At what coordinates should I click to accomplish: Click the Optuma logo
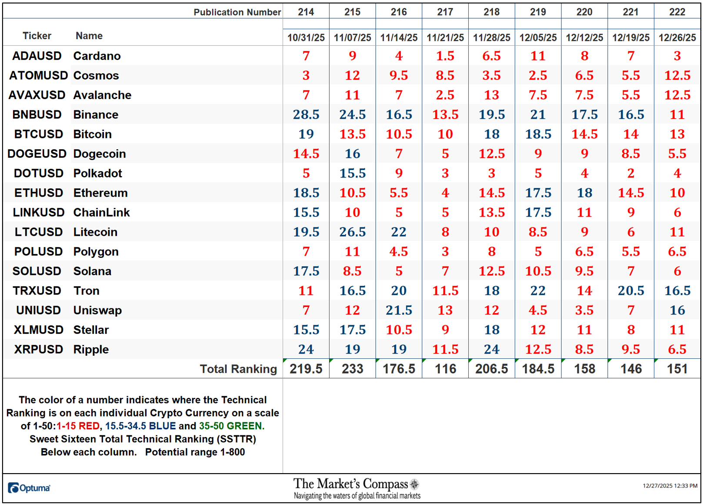[x=29, y=488]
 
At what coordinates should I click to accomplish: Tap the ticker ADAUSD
[x=37, y=56]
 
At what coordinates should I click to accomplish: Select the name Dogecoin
[x=100, y=154]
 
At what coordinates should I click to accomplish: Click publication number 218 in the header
[x=491, y=12]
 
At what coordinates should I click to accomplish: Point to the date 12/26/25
[x=677, y=38]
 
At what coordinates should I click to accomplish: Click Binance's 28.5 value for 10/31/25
[x=306, y=115]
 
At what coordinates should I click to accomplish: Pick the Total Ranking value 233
[x=352, y=369]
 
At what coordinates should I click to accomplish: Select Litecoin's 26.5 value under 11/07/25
[x=352, y=232]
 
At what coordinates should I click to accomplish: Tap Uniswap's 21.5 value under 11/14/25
[x=399, y=310]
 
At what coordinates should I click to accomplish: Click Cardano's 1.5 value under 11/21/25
[x=445, y=56]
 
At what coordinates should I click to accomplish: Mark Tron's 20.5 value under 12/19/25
[x=631, y=291]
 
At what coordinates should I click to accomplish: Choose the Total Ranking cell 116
[x=445, y=369]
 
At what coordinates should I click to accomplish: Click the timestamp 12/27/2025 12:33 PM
[x=670, y=486]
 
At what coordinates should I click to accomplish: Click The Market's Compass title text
[x=350, y=484]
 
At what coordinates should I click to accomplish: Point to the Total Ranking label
[x=238, y=369]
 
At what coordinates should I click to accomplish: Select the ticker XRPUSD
[x=38, y=350]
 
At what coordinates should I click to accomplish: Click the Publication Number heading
[x=237, y=12]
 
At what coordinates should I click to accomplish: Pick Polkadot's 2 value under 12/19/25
[x=631, y=174]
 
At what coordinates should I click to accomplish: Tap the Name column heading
[x=89, y=36]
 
